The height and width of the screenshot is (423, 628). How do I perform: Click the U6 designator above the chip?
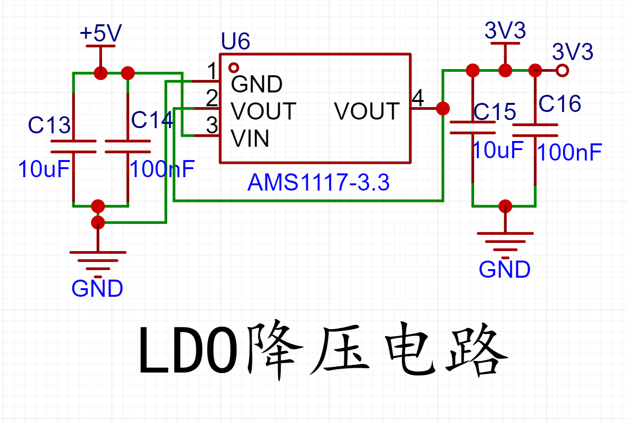click(x=235, y=41)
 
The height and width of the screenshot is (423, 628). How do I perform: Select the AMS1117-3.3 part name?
click(x=318, y=182)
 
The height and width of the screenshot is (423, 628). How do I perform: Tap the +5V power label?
click(x=101, y=33)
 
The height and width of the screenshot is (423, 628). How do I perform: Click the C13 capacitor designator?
click(x=49, y=125)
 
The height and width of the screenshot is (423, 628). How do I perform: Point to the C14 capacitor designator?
click(x=152, y=120)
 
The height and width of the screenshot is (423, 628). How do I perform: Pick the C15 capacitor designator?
click(x=495, y=111)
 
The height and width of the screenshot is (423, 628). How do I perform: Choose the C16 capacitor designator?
click(x=559, y=103)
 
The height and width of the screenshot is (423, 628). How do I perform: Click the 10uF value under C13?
click(x=44, y=169)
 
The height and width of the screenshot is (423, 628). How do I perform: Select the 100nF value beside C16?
click(x=570, y=152)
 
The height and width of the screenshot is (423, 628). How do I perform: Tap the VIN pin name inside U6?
click(x=250, y=138)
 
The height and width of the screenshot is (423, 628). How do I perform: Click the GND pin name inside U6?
click(x=256, y=84)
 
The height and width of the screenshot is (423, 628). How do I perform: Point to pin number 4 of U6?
click(x=418, y=98)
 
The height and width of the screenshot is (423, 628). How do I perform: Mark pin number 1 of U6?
click(x=212, y=70)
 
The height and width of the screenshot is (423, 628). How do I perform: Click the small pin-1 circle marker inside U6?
click(x=233, y=68)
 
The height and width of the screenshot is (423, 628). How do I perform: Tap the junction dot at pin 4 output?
click(x=443, y=109)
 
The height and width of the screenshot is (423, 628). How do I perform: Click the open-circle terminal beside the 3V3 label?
click(x=562, y=70)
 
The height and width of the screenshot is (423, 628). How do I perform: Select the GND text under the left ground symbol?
click(x=97, y=288)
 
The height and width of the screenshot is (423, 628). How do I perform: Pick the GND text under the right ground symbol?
click(x=505, y=269)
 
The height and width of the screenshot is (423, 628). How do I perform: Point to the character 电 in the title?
click(x=410, y=349)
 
